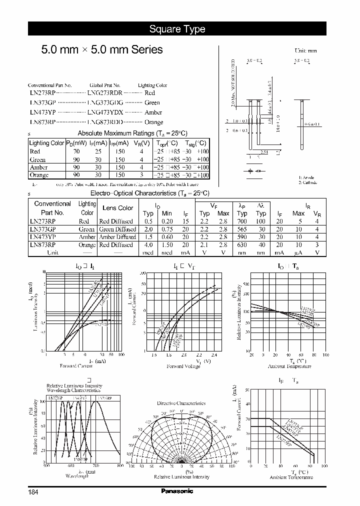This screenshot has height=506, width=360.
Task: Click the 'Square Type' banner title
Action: click(177, 29)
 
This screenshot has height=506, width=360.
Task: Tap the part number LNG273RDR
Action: click(104, 93)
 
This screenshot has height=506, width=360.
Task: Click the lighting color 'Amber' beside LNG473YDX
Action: click(153, 112)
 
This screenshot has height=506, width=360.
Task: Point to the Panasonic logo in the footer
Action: click(177, 491)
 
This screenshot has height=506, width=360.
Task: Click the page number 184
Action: click(33, 492)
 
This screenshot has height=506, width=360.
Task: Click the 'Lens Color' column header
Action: click(117, 208)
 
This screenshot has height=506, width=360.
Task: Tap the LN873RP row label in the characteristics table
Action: click(42, 245)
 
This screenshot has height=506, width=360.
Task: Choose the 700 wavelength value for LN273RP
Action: click(242, 221)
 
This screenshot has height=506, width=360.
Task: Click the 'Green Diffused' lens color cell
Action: click(117, 229)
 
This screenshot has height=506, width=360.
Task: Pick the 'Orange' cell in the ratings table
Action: click(39, 175)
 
